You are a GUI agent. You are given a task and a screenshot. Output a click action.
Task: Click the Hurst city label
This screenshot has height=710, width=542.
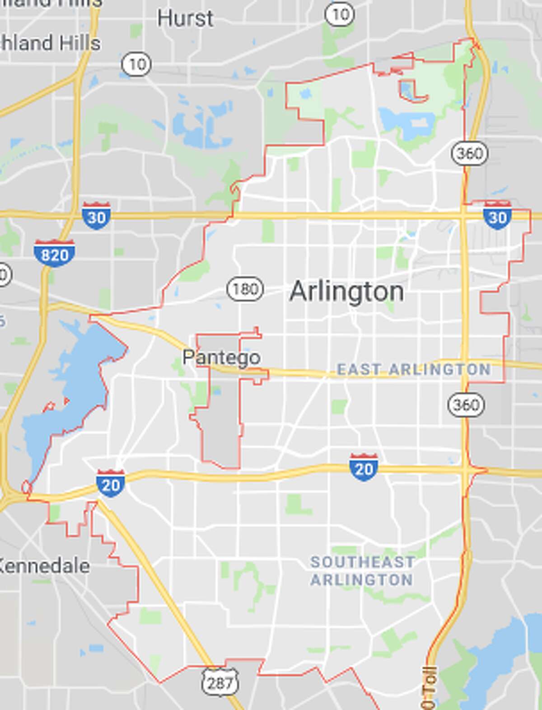(x=185, y=19)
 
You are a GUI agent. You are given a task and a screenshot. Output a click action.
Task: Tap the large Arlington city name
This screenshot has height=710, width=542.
(x=346, y=292)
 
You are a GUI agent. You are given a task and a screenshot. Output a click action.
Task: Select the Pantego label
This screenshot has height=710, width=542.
(x=221, y=357)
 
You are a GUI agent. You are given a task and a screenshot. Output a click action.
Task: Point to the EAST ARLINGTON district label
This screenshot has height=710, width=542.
(x=414, y=369)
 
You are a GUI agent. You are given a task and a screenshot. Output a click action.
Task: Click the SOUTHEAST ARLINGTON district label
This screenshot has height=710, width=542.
(x=362, y=571)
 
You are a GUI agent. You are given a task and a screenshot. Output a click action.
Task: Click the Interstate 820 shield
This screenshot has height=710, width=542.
(x=54, y=254)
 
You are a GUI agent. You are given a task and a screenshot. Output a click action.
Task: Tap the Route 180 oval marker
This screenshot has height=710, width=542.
(x=245, y=288)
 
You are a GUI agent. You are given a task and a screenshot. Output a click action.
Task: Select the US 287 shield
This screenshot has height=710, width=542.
(x=220, y=682)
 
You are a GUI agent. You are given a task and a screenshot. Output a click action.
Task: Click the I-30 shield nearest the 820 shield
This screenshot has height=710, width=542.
(x=96, y=216)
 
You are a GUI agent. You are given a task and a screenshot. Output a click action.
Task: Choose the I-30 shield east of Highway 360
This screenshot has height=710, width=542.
(x=497, y=216)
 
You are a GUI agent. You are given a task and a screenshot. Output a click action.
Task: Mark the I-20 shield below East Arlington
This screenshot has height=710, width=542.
(x=364, y=468)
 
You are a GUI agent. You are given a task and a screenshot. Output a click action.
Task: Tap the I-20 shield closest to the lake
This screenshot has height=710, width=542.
(x=110, y=484)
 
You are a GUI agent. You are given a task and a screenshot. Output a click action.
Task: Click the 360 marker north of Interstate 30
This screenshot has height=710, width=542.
(x=470, y=153)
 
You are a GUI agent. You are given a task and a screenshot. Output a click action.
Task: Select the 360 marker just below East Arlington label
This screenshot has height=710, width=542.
(x=466, y=404)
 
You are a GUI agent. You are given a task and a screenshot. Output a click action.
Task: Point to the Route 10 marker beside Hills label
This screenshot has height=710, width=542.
(x=137, y=64)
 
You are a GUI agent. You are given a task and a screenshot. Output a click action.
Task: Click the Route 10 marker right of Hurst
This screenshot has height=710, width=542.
(x=340, y=14)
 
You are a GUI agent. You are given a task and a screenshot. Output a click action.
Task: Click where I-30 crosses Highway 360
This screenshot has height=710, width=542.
(x=464, y=216)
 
